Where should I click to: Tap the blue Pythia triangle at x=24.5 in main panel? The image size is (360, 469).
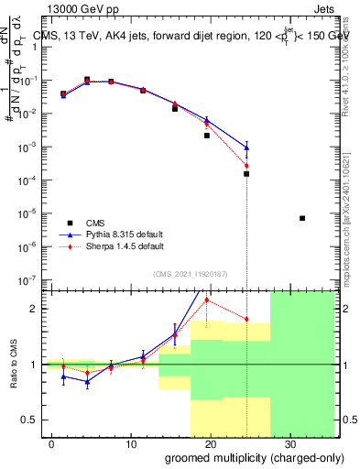point(246,147)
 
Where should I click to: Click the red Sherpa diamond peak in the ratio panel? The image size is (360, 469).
point(207,300)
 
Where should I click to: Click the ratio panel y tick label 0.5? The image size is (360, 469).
point(34,420)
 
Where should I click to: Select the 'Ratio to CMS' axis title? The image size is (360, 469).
point(13,365)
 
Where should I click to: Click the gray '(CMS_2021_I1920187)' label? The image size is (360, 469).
point(191,272)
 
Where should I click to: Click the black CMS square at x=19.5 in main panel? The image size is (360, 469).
point(207,136)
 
